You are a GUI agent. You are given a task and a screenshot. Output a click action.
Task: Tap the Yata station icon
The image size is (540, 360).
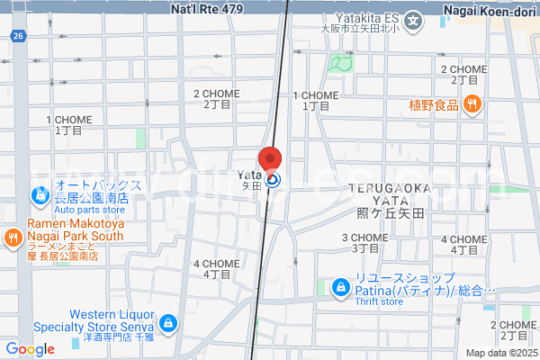[273, 180]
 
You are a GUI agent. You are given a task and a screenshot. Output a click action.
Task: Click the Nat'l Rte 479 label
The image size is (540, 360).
[207, 7]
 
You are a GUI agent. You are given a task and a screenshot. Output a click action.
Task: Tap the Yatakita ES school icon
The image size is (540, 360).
[413, 20]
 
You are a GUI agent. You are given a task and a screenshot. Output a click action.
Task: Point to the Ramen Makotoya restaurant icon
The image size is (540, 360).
[13, 238]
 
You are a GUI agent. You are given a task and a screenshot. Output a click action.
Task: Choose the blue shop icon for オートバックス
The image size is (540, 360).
[40, 193]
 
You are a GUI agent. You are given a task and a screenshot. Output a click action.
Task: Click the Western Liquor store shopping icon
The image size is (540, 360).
[168, 321]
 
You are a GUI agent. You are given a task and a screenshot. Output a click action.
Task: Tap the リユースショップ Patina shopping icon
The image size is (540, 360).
[340, 288]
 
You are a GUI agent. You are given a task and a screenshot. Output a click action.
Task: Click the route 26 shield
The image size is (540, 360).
[18, 35]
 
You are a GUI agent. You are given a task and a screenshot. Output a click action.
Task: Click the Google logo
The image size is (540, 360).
[30, 349]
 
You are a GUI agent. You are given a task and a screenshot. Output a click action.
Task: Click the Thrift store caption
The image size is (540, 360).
[381, 301]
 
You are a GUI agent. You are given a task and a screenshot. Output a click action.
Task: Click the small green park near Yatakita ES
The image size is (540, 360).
[339, 62]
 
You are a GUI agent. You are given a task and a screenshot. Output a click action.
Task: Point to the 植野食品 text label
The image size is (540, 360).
[435, 104]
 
